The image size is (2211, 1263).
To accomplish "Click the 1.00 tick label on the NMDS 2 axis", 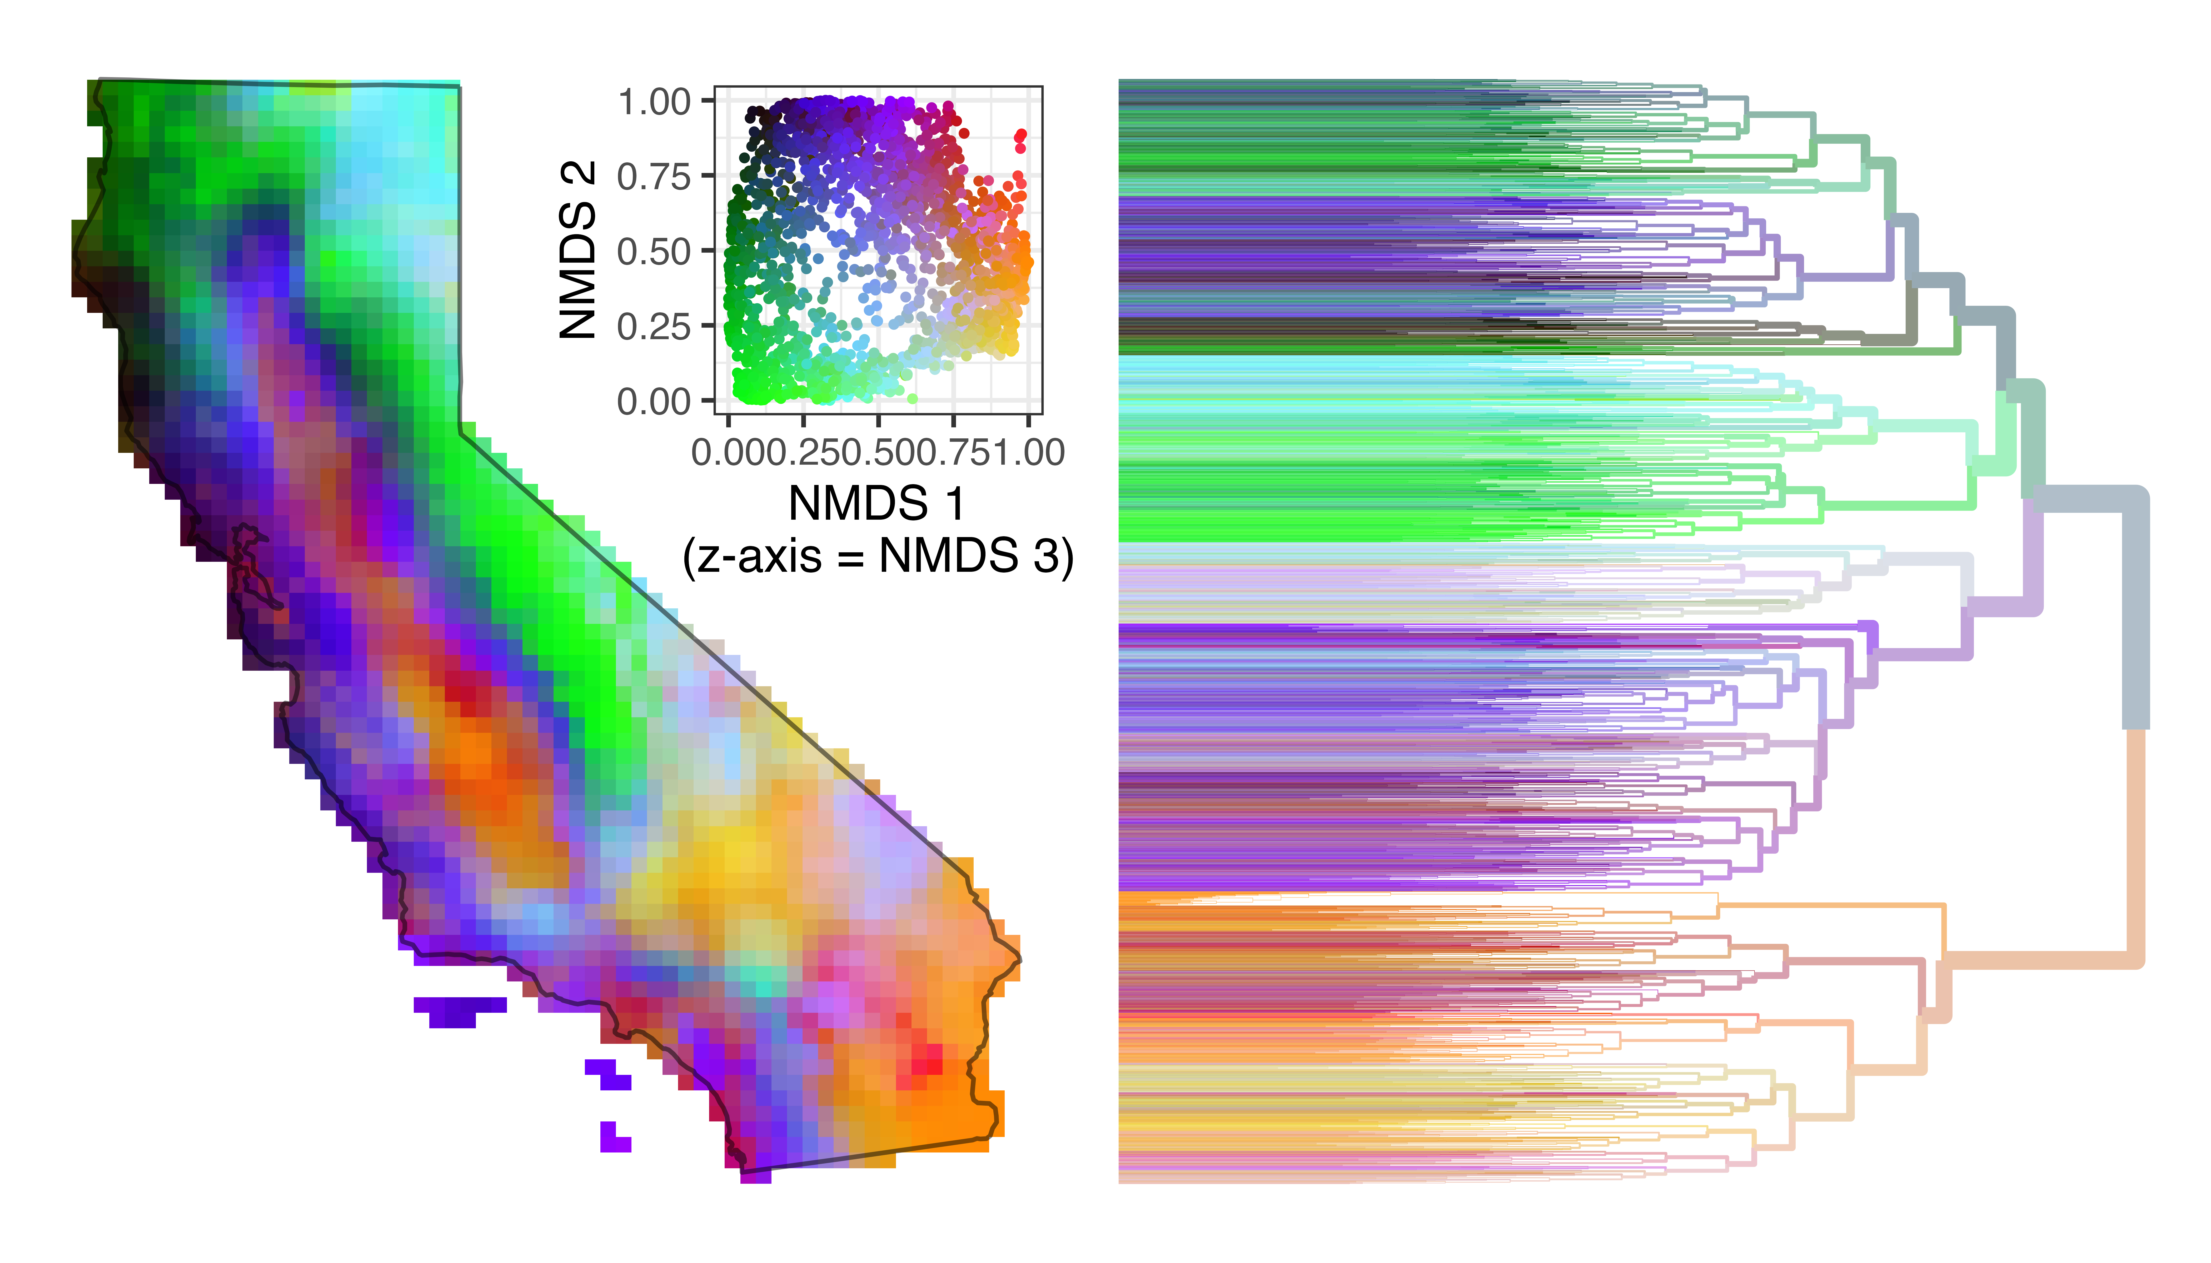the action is (654, 102).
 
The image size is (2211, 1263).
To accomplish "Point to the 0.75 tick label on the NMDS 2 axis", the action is (654, 177).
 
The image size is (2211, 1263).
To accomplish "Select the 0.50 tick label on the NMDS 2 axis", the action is (654, 252).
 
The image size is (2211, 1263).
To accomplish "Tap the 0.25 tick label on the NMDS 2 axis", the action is (654, 327).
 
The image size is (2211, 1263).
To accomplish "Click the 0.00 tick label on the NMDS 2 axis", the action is (654, 402).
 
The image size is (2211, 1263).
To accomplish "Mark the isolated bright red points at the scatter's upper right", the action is (1020, 141).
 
